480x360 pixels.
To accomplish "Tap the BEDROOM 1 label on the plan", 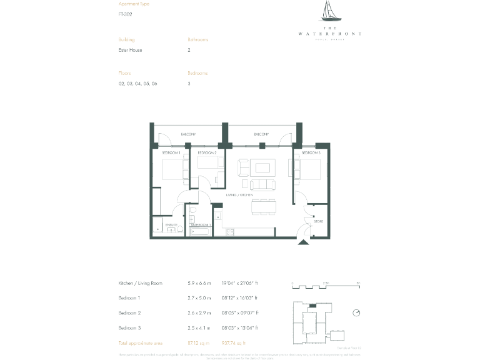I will pos(171,152).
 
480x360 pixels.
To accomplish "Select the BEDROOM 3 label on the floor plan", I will pos(311,152).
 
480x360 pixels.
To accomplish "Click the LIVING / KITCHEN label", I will pos(239,196).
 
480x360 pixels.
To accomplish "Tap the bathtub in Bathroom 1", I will pos(199,231).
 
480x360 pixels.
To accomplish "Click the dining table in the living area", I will pos(263,206).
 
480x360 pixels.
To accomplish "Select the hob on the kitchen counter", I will pos(229,232).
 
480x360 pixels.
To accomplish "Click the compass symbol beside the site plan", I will pos(356,313).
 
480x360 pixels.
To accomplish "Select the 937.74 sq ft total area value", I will pos(235,343).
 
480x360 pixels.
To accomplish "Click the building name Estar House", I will pos(131,50).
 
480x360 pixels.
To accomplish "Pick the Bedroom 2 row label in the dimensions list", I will pos(131,313).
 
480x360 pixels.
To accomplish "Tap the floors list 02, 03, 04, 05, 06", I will pos(137,84).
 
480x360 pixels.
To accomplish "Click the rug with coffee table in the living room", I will pos(263,167).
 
